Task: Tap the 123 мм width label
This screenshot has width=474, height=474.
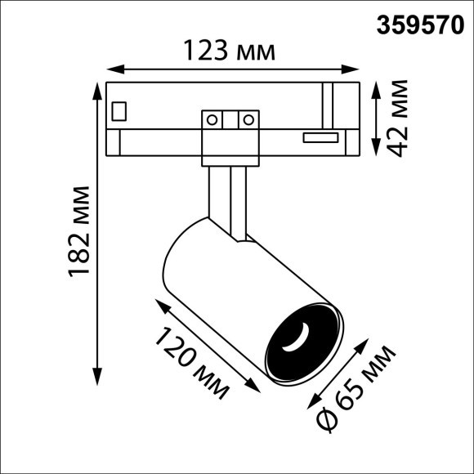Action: (x=228, y=52)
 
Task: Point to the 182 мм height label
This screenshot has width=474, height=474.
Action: (x=79, y=231)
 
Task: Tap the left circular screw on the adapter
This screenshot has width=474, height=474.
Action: (x=212, y=120)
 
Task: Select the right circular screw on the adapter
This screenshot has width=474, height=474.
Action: (x=245, y=120)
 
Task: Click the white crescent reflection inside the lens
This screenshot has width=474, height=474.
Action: (x=302, y=337)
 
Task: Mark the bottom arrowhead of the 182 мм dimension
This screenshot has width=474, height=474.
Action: (x=97, y=381)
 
